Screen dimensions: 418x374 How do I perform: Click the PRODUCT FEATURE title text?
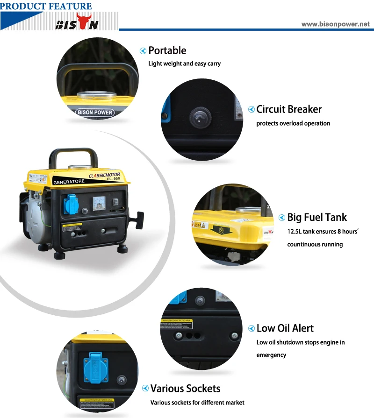pos(46,6)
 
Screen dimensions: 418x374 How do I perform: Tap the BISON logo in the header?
pos(77,23)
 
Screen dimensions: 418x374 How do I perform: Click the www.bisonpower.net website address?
pos(335,24)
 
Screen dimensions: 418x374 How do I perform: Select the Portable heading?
pos(167,50)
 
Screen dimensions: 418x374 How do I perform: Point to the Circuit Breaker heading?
pos(289,109)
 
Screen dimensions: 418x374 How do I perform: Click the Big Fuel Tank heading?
pos(317,217)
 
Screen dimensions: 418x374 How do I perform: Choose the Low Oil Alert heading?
pos(285,328)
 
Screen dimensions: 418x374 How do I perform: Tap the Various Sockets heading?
pos(185,389)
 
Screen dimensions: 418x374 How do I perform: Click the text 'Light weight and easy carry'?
pos(184,64)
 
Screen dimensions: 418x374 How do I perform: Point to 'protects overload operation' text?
pos(293,124)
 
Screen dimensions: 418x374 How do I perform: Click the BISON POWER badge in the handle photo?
pos(94,112)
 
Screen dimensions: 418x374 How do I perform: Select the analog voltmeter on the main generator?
pos(99,203)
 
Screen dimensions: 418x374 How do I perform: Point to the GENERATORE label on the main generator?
pos(69,181)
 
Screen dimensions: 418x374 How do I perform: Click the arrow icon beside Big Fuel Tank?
pos(282,218)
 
